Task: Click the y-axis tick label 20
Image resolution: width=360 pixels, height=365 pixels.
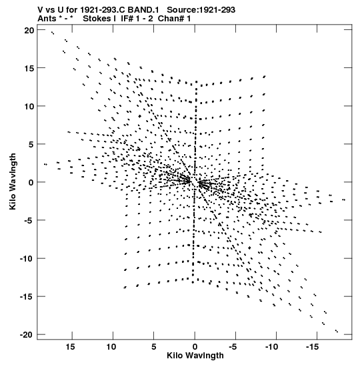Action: point(29,30)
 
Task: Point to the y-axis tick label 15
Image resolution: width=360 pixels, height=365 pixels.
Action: point(29,68)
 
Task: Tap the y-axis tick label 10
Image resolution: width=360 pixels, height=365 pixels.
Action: point(29,106)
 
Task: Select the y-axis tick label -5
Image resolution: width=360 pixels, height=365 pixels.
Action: point(29,220)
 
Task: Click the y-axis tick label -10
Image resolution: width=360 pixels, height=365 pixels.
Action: point(27,259)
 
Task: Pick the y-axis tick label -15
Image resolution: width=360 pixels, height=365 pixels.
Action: point(27,297)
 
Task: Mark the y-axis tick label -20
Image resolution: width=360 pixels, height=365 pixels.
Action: point(27,335)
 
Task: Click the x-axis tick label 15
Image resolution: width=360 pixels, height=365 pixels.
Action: point(70,347)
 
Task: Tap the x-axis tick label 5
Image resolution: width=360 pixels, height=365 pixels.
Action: point(154,347)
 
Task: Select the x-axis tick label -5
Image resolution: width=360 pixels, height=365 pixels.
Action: point(233,347)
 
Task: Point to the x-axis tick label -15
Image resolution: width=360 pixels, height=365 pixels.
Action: point(312,347)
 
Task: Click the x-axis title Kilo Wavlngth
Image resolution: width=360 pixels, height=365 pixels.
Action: point(195,356)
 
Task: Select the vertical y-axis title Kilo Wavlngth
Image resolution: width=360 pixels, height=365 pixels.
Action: point(13,181)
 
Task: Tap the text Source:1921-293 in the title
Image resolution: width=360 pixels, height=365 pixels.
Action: point(201,10)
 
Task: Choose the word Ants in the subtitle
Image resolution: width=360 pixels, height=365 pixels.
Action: point(47,19)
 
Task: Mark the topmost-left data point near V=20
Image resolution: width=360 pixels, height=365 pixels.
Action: point(53,33)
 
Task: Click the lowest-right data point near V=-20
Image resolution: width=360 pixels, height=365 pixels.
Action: point(337,331)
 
